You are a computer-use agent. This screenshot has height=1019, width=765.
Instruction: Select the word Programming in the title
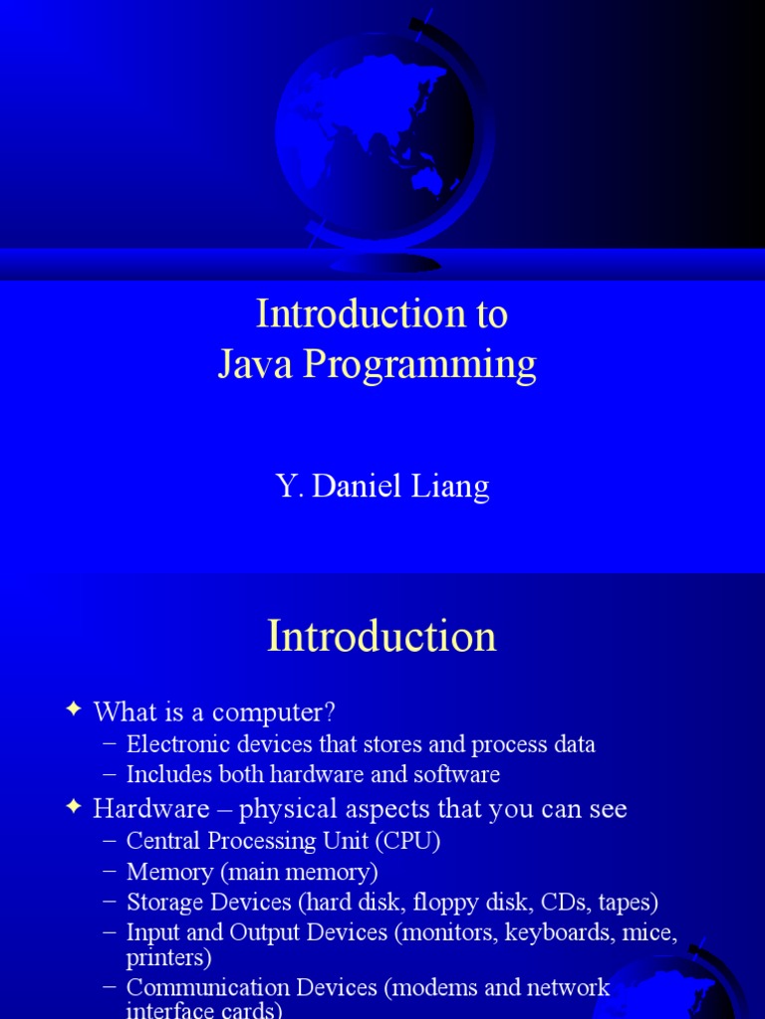click(x=420, y=365)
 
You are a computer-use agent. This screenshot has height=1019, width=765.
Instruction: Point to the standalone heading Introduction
click(x=382, y=636)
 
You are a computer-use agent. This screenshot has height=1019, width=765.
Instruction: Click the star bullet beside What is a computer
click(x=74, y=709)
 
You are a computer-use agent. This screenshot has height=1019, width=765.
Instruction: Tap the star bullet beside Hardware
click(x=74, y=806)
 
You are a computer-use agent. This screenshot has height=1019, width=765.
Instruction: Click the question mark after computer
click(x=329, y=712)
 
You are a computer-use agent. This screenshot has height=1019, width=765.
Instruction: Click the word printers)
click(x=168, y=958)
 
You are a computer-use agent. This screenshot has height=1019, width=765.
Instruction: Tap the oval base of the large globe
click(x=385, y=263)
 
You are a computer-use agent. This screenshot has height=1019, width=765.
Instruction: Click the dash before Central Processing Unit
click(x=110, y=840)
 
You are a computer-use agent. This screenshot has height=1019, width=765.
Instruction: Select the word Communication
click(x=207, y=987)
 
